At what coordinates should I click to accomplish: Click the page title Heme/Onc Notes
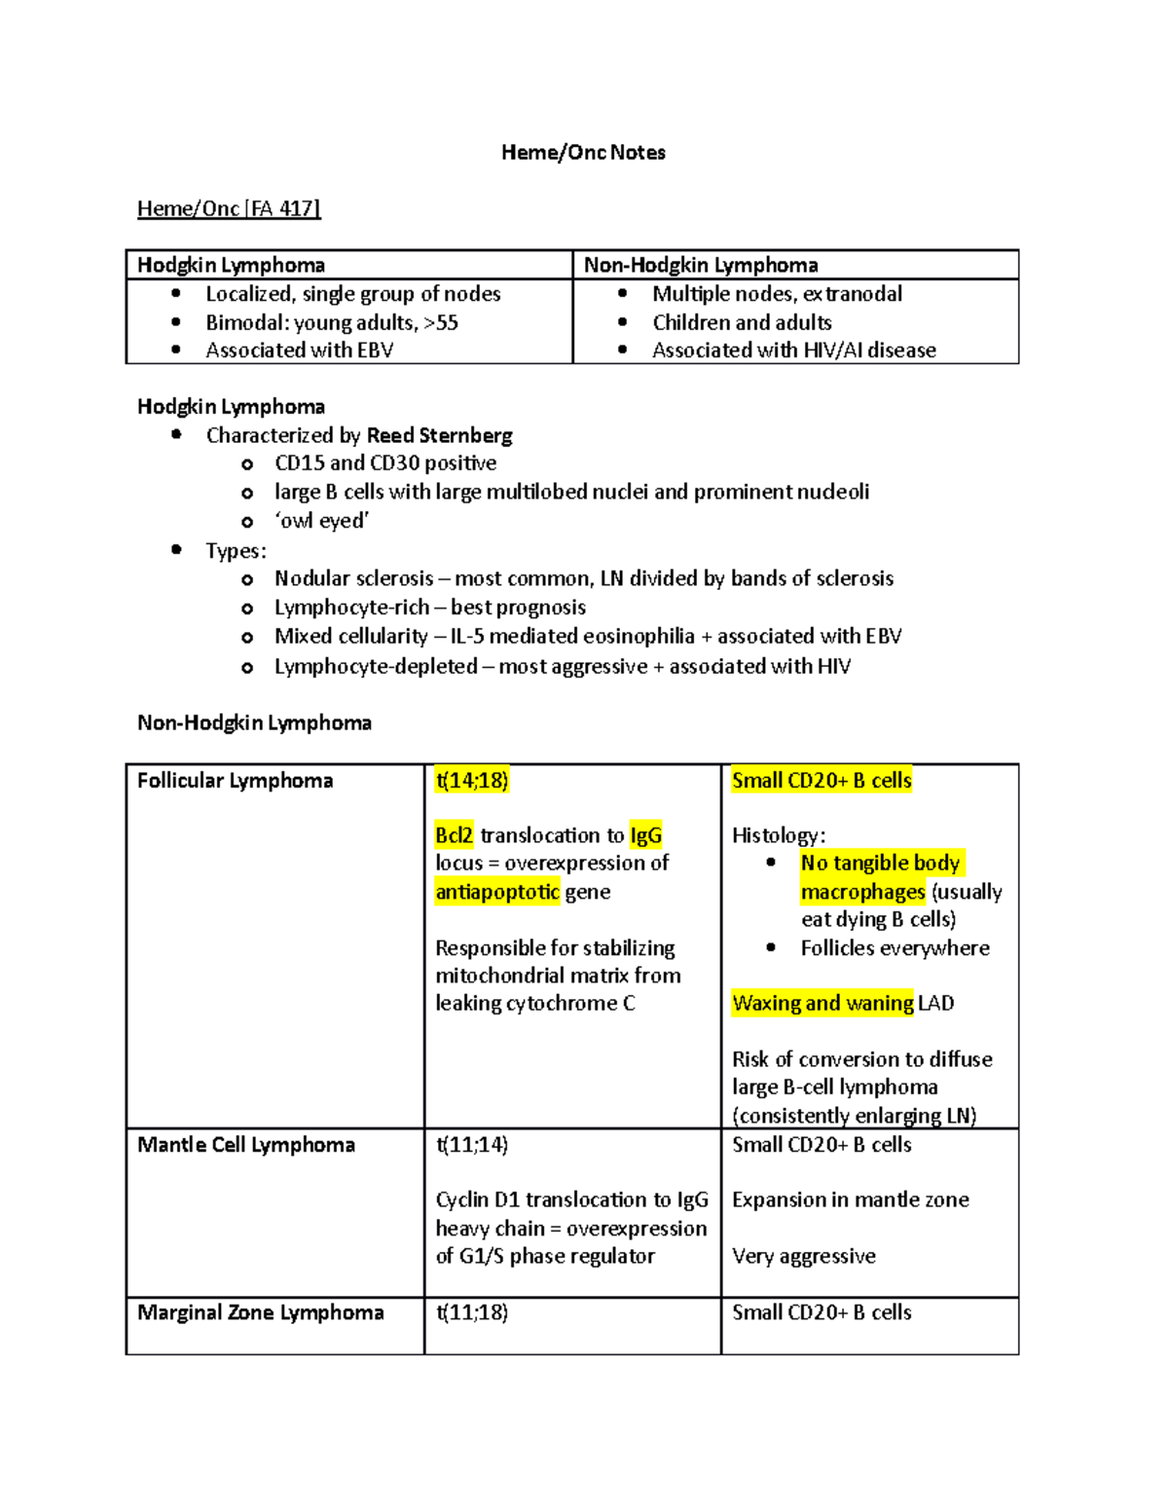coord(583,152)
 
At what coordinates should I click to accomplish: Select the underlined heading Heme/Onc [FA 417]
coord(229,208)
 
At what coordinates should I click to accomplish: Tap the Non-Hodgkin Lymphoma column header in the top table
coord(701,265)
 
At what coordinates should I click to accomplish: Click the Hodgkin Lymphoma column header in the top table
coord(231,265)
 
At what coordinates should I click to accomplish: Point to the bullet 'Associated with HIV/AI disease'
coord(793,350)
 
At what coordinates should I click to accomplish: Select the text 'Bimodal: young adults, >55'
coord(331,322)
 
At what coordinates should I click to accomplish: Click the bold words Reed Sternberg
coord(439,435)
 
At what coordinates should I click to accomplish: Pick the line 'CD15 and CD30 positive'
coord(385,463)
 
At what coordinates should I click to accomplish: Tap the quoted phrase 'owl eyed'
coord(321,521)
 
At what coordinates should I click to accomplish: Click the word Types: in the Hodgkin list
coord(236,551)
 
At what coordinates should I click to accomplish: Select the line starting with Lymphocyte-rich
coord(429,608)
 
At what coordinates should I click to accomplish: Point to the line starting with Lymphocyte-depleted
coord(562,667)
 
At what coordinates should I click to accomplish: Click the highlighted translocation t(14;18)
coord(472,781)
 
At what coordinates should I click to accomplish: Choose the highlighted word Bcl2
coord(455,835)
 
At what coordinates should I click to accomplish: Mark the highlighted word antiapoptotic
coord(496,892)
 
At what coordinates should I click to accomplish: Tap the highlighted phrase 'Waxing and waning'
coord(822,1003)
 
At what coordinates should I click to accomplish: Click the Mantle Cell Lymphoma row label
coord(245,1145)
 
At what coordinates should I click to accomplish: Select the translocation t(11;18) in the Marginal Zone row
coord(472,1312)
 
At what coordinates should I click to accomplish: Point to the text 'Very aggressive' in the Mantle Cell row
coord(803,1256)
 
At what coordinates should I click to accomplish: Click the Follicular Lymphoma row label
coord(235,781)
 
